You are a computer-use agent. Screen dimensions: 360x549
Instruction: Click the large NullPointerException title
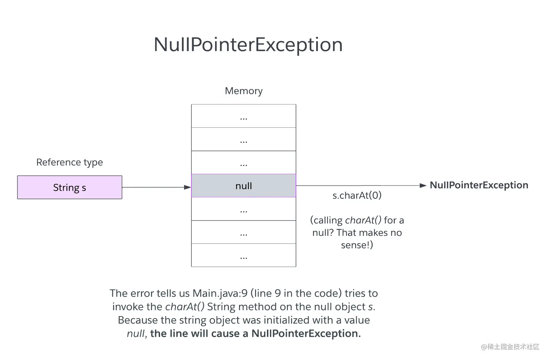click(248, 45)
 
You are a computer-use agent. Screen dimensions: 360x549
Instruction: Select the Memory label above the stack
click(244, 91)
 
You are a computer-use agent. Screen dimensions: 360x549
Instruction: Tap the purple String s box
click(70, 187)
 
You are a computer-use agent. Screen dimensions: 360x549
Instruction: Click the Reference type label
click(70, 162)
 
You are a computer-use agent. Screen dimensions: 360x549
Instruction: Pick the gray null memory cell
click(244, 186)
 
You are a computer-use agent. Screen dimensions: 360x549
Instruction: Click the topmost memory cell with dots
click(244, 116)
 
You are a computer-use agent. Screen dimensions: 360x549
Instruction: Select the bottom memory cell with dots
click(244, 255)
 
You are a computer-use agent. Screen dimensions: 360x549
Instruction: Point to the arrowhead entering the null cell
click(187, 187)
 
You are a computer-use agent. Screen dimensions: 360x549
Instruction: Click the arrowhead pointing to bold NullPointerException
click(423, 185)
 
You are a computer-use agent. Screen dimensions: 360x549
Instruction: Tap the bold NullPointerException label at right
click(479, 185)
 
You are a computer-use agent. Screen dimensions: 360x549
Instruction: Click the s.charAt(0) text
click(357, 196)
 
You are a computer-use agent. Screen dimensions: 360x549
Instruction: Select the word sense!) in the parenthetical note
click(357, 245)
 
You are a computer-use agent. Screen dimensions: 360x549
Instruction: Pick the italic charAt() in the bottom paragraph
click(185, 307)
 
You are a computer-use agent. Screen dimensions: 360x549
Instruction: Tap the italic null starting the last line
click(136, 334)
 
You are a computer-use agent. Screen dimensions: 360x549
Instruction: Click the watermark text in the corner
click(510, 347)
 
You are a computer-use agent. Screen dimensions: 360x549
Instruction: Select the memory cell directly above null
click(244, 163)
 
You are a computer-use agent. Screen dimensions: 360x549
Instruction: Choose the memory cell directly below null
click(244, 209)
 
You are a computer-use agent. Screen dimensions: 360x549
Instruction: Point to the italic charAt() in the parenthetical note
click(363, 220)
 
